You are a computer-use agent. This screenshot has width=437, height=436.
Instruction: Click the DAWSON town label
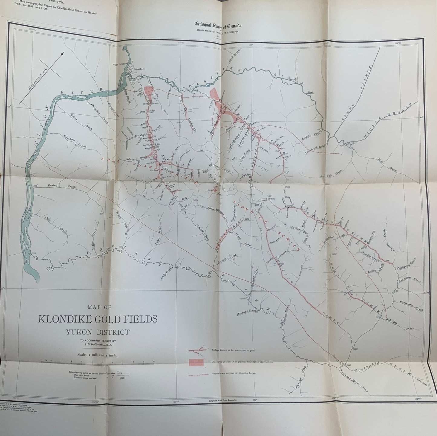click(140, 69)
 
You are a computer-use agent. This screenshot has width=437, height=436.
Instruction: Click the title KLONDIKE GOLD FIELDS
click(97, 319)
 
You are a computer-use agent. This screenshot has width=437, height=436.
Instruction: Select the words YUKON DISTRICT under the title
click(98, 332)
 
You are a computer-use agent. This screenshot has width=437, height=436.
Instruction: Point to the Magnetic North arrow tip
click(63, 54)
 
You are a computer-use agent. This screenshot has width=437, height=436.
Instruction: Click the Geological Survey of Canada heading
click(218, 25)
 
